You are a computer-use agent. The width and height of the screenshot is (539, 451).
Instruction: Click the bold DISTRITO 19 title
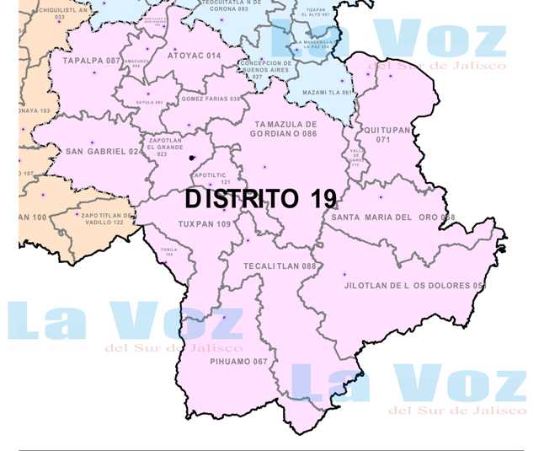pyautogui.click(x=260, y=199)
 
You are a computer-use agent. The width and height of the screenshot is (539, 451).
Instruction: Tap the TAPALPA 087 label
pyautogui.click(x=92, y=61)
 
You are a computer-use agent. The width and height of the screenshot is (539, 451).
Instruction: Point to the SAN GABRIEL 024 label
pyautogui.click(x=104, y=152)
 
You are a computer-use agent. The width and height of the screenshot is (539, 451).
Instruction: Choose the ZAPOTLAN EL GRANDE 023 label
pyautogui.click(x=163, y=147)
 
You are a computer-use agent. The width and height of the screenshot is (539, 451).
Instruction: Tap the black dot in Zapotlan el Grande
pyautogui.click(x=193, y=158)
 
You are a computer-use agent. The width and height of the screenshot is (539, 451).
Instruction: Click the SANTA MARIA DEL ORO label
pyautogui.click(x=392, y=217)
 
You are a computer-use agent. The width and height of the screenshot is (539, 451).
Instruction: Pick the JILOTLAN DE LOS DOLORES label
pyautogui.click(x=415, y=286)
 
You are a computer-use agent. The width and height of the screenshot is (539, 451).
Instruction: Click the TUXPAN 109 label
pyautogui.click(x=205, y=224)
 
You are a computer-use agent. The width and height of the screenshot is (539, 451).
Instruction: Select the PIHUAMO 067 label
pyautogui.click(x=237, y=362)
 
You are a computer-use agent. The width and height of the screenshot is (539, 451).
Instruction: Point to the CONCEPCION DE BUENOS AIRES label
pyautogui.click(x=266, y=69)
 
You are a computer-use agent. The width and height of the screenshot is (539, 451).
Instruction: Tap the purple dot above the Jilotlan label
pyautogui.click(x=344, y=274)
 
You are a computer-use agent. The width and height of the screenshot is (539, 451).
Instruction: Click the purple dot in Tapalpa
pyautogui.click(x=93, y=73)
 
